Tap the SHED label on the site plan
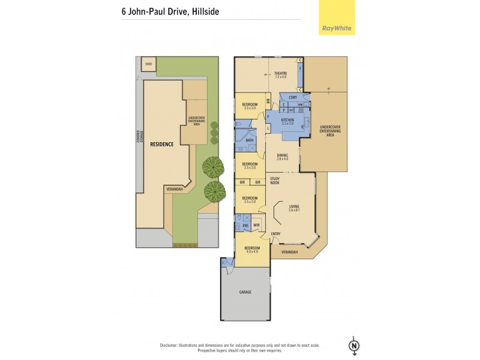click(148, 62)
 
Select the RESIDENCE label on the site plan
click(161, 144)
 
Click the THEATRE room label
click(281, 73)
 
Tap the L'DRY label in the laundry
click(293, 97)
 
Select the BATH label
click(249, 140)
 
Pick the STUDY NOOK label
click(275, 180)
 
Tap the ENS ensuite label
click(245, 226)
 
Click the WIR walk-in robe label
click(256, 226)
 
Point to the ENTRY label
click(275, 234)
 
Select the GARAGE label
click(245, 292)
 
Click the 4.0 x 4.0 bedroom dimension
click(251, 252)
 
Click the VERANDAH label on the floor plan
click(290, 252)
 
